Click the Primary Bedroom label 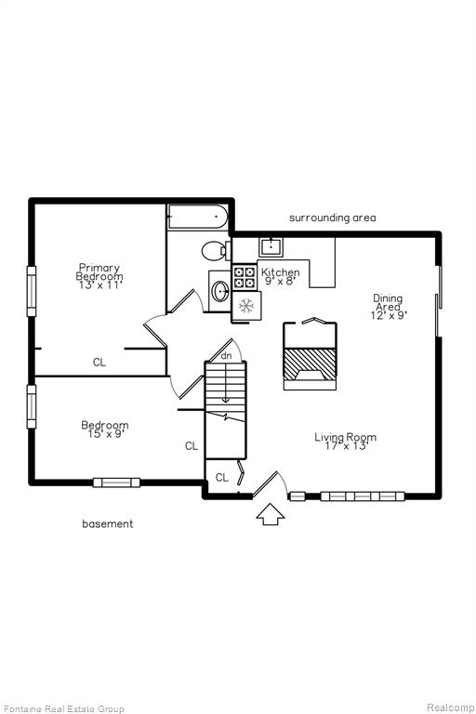[99, 276]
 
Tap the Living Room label [346, 442]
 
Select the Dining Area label [388, 307]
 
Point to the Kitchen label [281, 276]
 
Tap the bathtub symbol [198, 217]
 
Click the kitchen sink [271, 246]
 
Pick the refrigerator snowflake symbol [246, 306]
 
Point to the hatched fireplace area [310, 364]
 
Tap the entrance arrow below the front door [271, 514]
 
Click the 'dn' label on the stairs [227, 356]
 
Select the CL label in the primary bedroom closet [99, 363]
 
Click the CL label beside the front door [222, 478]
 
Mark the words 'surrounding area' [333, 218]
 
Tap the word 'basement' [108, 523]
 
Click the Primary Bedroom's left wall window [32, 291]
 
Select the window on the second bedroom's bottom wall [116, 483]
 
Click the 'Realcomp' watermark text [451, 707]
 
